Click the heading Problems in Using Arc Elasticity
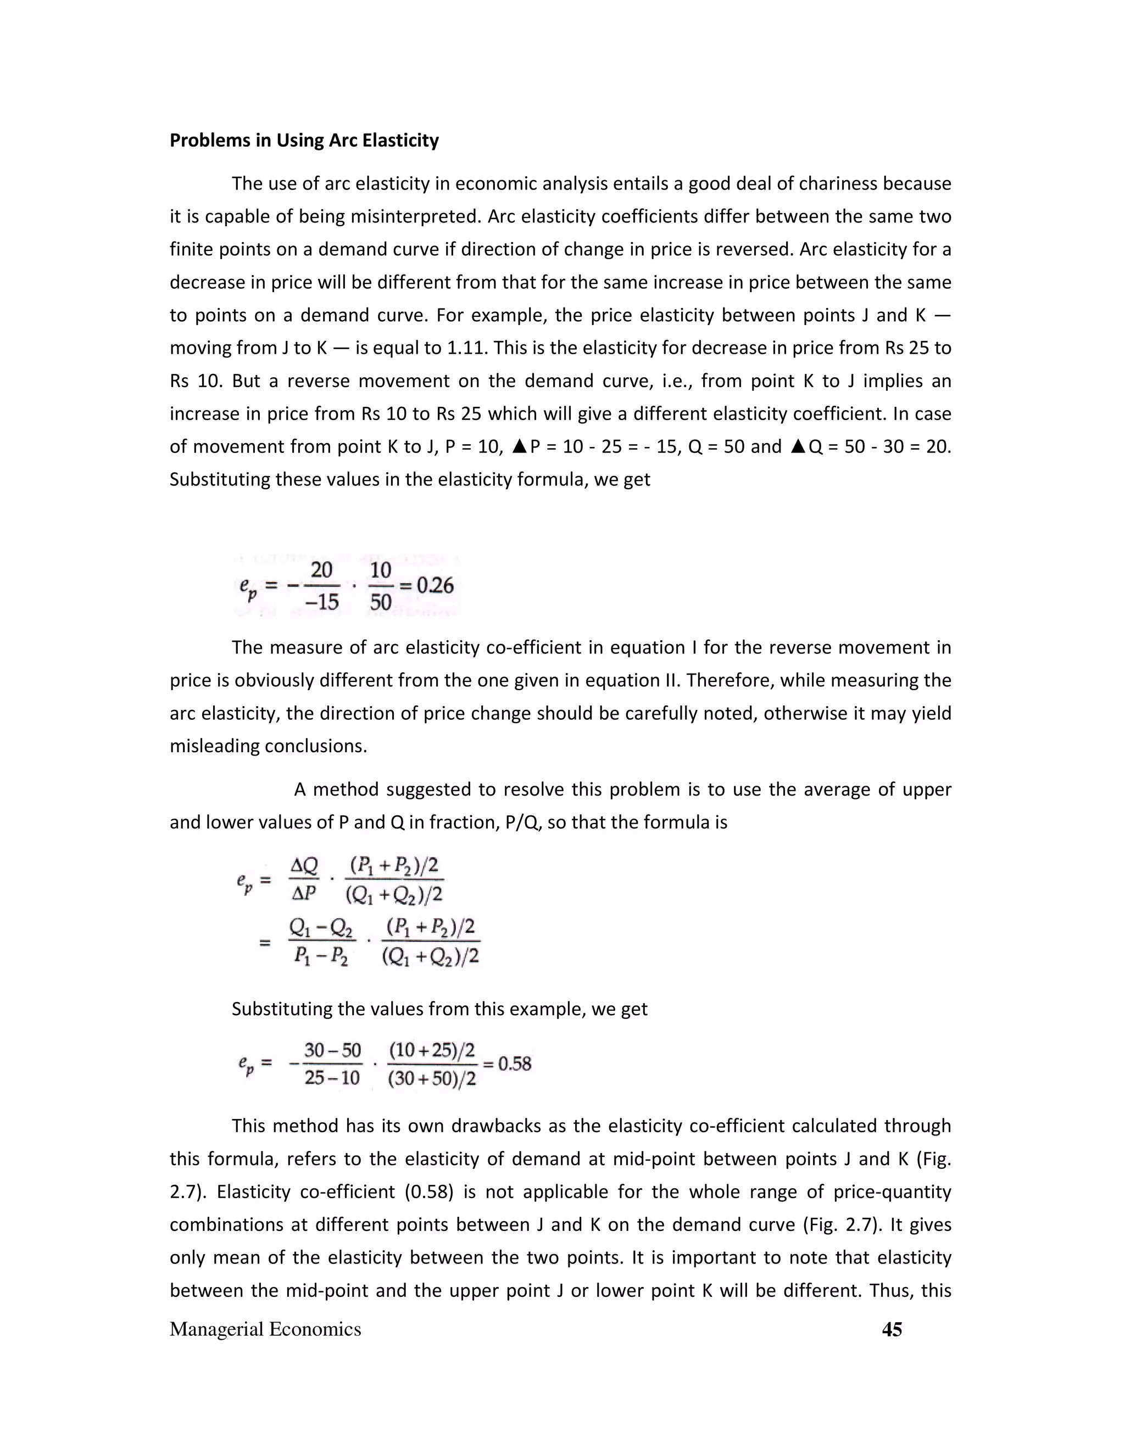tap(304, 141)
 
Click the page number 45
tap(892, 1329)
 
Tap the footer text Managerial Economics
tap(265, 1329)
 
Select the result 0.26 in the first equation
tap(435, 586)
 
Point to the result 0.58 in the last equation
tap(515, 1064)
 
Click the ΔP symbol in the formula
tap(304, 893)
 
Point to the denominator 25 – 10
tap(332, 1077)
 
